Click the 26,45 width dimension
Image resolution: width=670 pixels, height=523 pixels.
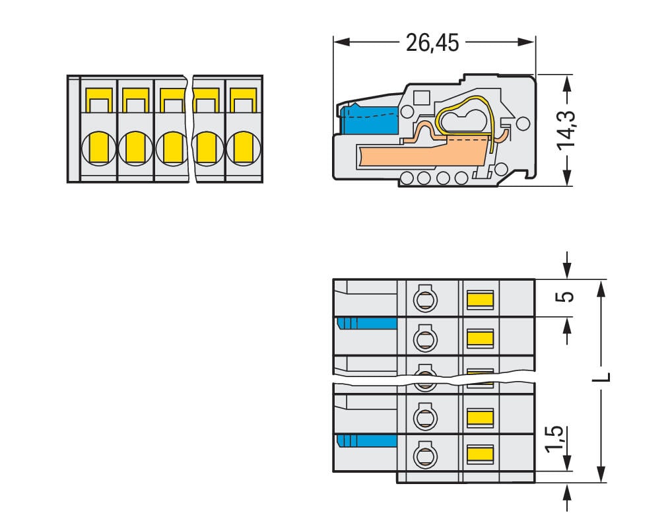(x=432, y=43)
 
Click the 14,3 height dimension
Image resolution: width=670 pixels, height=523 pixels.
(x=566, y=129)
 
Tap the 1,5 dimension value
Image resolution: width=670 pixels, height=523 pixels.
(x=556, y=440)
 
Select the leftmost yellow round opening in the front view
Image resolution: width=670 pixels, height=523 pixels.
(x=98, y=147)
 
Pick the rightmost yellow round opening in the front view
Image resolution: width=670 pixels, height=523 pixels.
(x=243, y=147)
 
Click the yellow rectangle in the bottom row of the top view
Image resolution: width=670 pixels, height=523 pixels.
(x=480, y=453)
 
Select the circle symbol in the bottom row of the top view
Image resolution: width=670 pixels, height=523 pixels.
(x=424, y=455)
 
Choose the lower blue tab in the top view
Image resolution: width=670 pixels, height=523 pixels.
(x=367, y=440)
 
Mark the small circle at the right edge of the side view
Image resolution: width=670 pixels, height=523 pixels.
(x=522, y=123)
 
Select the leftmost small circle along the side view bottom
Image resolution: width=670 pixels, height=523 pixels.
(x=407, y=177)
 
